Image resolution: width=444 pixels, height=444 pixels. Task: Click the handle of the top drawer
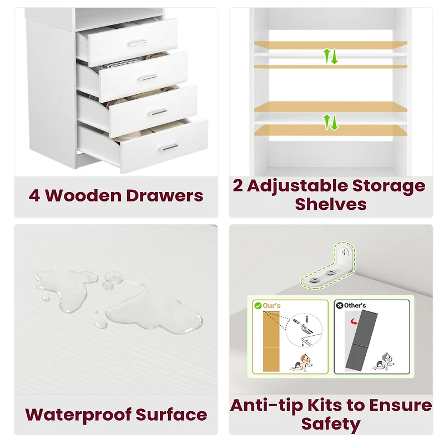tap(135, 43)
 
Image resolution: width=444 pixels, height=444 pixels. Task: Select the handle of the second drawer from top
tap(147, 78)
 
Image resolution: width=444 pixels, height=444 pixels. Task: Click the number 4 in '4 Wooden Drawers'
tap(34, 195)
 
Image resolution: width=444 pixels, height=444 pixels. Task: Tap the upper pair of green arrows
tap(331, 56)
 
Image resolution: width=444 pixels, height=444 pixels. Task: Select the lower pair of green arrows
tap(331, 122)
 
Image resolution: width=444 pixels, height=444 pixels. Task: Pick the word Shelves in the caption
tap(331, 204)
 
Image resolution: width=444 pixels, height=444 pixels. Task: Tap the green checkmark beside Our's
tap(258, 305)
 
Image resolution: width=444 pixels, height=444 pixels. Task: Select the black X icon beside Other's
tap(339, 305)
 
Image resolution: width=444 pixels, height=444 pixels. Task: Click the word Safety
tap(331, 424)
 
